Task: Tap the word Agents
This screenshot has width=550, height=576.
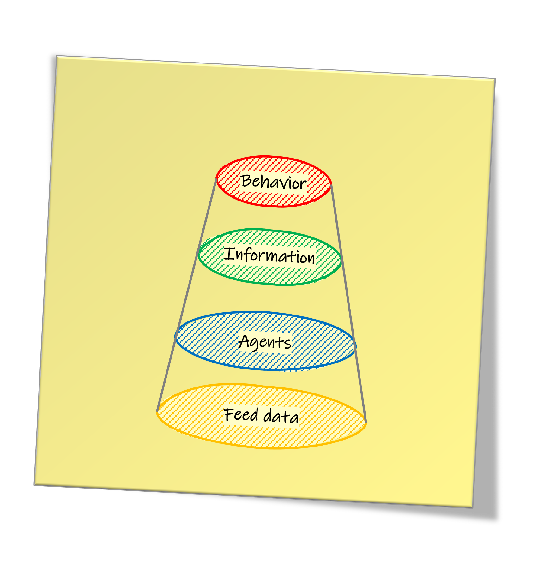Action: tap(265, 342)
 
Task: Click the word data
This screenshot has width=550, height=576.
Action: tap(281, 416)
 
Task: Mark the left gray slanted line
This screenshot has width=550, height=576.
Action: tap(186, 295)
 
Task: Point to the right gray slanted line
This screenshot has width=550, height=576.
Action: tap(348, 303)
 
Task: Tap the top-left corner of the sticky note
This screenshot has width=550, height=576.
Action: tap(57, 56)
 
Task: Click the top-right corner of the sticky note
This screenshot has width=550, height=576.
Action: tap(495, 78)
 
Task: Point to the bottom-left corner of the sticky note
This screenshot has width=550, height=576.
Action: tap(34, 485)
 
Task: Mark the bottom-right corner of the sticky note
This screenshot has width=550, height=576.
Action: tap(473, 507)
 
